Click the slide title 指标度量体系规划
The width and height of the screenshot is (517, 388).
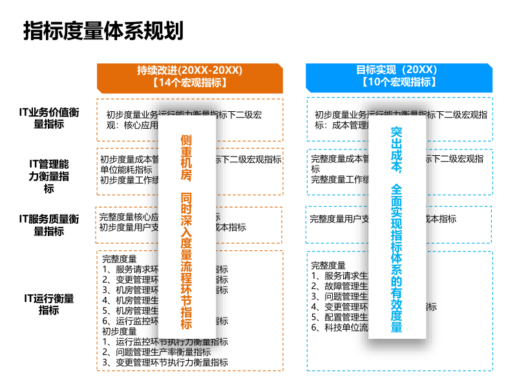click(103, 30)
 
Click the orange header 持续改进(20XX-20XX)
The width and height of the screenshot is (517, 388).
click(189, 70)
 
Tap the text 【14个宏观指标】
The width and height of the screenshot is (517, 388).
click(189, 83)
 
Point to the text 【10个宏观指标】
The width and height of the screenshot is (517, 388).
click(398, 82)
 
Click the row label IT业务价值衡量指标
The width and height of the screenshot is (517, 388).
click(49, 118)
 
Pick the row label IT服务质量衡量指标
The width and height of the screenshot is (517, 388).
click(49, 225)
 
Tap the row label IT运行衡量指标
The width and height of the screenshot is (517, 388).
click(49, 304)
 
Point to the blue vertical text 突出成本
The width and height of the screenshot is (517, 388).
click(397, 151)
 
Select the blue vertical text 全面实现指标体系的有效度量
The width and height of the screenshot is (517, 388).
click(397, 259)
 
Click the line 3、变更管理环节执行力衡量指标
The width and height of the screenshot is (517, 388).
click(165, 363)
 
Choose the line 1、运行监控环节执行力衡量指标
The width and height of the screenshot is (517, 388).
click(165, 342)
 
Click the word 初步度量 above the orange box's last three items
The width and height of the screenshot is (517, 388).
click(119, 332)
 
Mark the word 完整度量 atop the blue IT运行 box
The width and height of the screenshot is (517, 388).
click(328, 265)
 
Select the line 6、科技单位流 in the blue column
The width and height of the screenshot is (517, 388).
click(339, 328)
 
